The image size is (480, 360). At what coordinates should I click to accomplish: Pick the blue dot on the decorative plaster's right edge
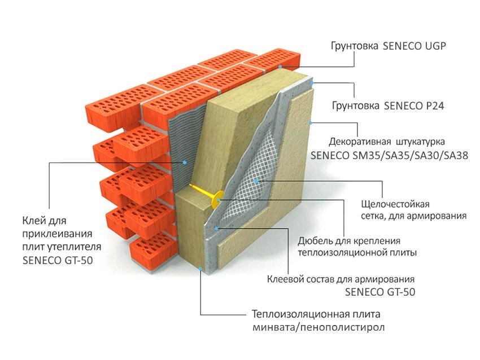coord(311,121)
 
